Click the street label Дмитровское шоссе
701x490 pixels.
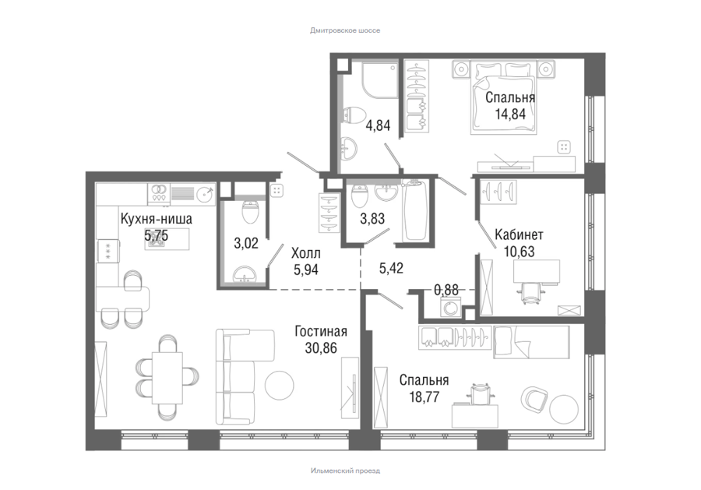point(345,30)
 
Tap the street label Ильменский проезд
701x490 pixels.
point(345,471)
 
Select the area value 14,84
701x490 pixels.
point(510,114)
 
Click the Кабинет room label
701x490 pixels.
point(519,234)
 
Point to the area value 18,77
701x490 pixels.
point(424,397)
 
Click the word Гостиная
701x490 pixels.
point(321,331)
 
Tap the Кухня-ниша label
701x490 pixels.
point(157,219)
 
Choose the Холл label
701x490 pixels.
point(306,253)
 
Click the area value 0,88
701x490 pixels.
point(446,290)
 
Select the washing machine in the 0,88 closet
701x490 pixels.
point(451,307)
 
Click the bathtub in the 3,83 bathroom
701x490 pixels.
point(414,210)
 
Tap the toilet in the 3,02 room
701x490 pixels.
point(250,211)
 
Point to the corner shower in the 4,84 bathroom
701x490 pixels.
point(379,80)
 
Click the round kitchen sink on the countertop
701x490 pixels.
point(206,194)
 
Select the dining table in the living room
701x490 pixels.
point(167,377)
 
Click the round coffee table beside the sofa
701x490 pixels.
point(280,386)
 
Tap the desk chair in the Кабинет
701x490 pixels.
point(530,293)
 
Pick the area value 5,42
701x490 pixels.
point(391,268)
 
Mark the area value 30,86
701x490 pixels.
point(321,347)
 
